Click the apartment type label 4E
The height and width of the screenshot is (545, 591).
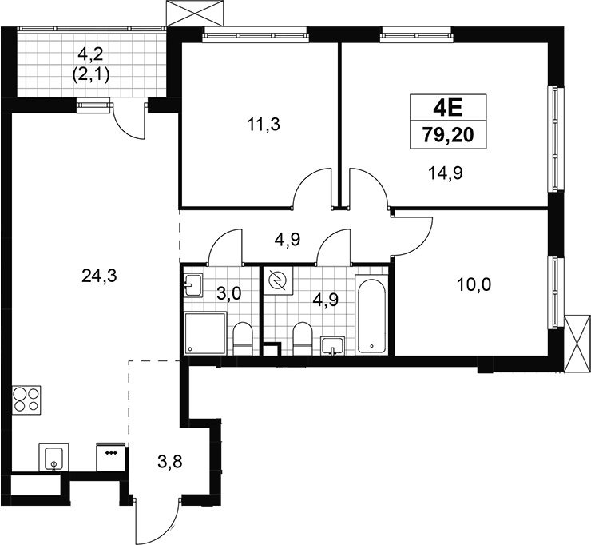pyautogui.click(x=448, y=109)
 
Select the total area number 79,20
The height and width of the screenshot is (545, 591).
pyautogui.click(x=448, y=134)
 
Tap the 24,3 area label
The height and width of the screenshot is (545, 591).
pyautogui.click(x=99, y=276)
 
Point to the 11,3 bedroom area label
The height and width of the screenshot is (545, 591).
pyautogui.click(x=264, y=124)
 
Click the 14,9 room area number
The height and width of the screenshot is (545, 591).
pyautogui.click(x=445, y=173)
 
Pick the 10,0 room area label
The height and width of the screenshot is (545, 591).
pyautogui.click(x=474, y=285)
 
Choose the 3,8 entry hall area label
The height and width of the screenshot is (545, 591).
pyautogui.click(x=170, y=461)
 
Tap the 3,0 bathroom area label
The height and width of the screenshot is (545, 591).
pyautogui.click(x=228, y=293)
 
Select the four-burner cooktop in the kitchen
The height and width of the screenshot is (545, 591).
pyautogui.click(x=26, y=400)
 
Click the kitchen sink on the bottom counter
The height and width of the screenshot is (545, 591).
pyautogui.click(x=54, y=457)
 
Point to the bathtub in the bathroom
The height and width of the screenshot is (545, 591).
pyautogui.click(x=371, y=316)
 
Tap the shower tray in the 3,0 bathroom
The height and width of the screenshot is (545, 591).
pyautogui.click(x=205, y=333)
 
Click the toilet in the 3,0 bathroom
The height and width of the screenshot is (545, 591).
pyautogui.click(x=242, y=339)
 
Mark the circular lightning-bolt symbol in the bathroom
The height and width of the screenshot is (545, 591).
pyautogui.click(x=278, y=280)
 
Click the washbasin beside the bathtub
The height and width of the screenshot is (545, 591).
pyautogui.click(x=332, y=345)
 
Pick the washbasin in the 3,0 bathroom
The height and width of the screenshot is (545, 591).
pyautogui.click(x=193, y=284)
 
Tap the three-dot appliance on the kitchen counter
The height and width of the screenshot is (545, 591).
pyautogui.click(x=111, y=457)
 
